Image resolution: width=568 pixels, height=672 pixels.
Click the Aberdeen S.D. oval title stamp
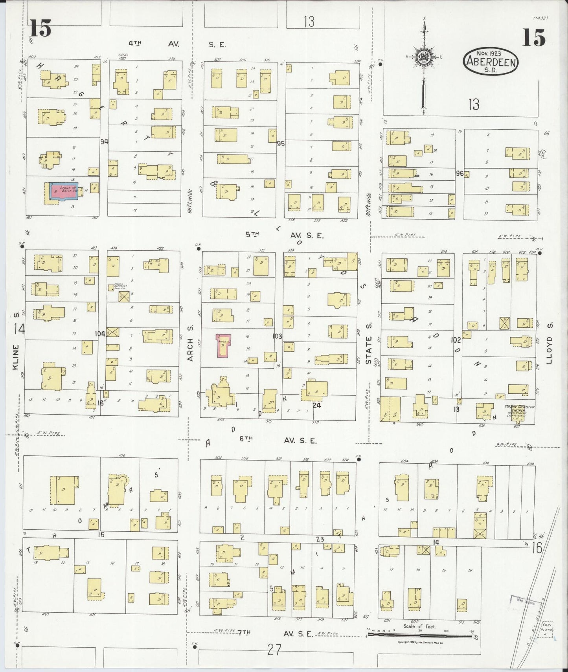coord(491,62)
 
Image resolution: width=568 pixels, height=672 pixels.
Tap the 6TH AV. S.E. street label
coord(278,440)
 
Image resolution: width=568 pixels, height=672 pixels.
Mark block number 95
coord(281,143)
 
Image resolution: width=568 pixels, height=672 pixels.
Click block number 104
coord(100,334)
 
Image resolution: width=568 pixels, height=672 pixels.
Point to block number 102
coord(456,340)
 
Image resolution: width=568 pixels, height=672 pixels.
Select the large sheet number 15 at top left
coord(40,28)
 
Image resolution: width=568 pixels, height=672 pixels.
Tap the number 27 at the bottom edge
coord(274,650)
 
